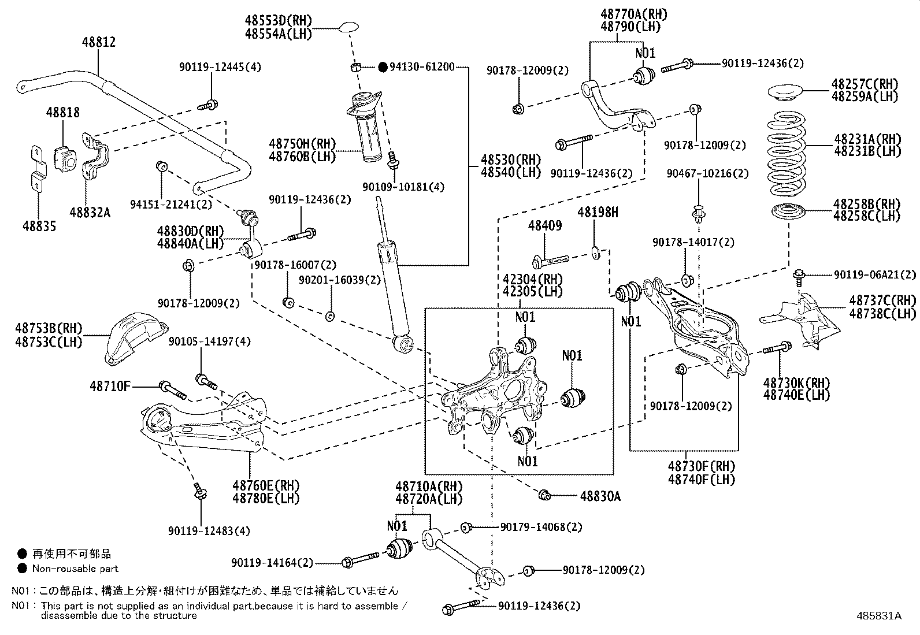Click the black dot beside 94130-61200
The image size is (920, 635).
(x=383, y=67)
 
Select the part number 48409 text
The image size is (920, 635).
(x=544, y=226)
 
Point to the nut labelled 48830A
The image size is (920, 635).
(x=544, y=495)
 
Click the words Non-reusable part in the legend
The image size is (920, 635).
(x=75, y=569)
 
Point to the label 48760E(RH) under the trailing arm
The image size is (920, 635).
(x=266, y=485)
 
